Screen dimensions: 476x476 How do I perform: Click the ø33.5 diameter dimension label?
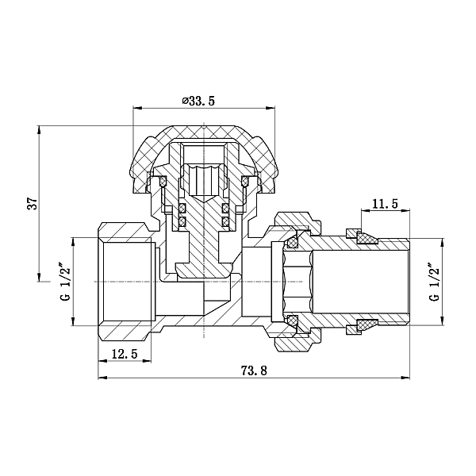(x=198, y=101)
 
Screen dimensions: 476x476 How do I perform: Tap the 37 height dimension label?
(x=33, y=203)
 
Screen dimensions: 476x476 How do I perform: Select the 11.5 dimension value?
(x=385, y=204)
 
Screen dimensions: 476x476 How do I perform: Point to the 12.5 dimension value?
(x=125, y=354)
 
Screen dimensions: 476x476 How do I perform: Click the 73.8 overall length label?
(x=254, y=370)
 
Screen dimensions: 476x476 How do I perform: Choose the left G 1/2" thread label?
(x=66, y=283)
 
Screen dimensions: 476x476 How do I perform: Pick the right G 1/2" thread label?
(x=435, y=282)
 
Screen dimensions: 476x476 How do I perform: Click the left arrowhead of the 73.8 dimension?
(x=102, y=378)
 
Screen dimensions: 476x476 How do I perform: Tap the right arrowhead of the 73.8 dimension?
(x=405, y=378)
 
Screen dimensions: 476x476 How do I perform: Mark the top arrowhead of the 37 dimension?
(x=39, y=130)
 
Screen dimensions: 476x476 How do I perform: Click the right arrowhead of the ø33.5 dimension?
(x=271, y=108)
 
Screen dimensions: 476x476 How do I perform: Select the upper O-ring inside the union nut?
(x=293, y=242)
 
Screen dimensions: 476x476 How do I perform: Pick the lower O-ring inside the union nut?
(x=293, y=320)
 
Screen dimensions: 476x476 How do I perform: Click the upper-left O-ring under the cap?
(x=163, y=182)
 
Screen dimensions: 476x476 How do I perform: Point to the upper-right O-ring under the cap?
(x=244, y=182)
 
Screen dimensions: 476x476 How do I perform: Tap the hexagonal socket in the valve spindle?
(x=204, y=180)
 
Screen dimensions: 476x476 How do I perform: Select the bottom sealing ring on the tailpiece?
(x=367, y=325)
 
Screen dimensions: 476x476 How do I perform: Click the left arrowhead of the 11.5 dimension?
(x=365, y=209)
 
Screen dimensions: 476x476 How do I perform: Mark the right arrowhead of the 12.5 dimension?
(x=147, y=361)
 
